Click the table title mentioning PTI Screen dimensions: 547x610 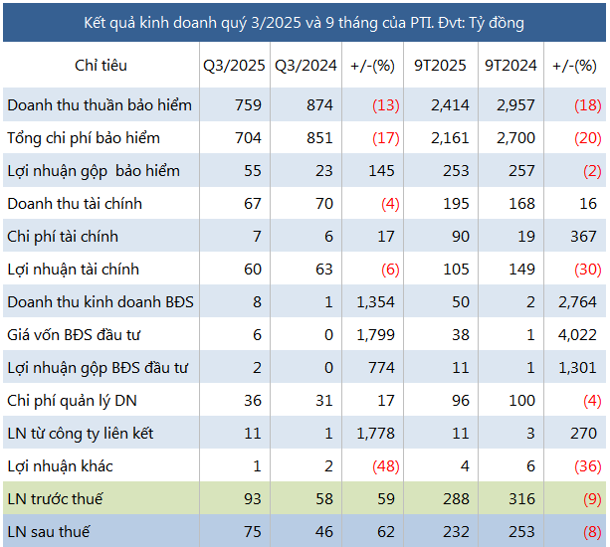(305, 21)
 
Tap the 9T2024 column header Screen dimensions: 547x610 (510, 66)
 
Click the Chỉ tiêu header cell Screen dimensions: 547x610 (101, 66)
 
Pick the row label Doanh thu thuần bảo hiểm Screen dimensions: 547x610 (100, 104)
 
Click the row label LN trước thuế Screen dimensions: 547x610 (56, 499)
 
